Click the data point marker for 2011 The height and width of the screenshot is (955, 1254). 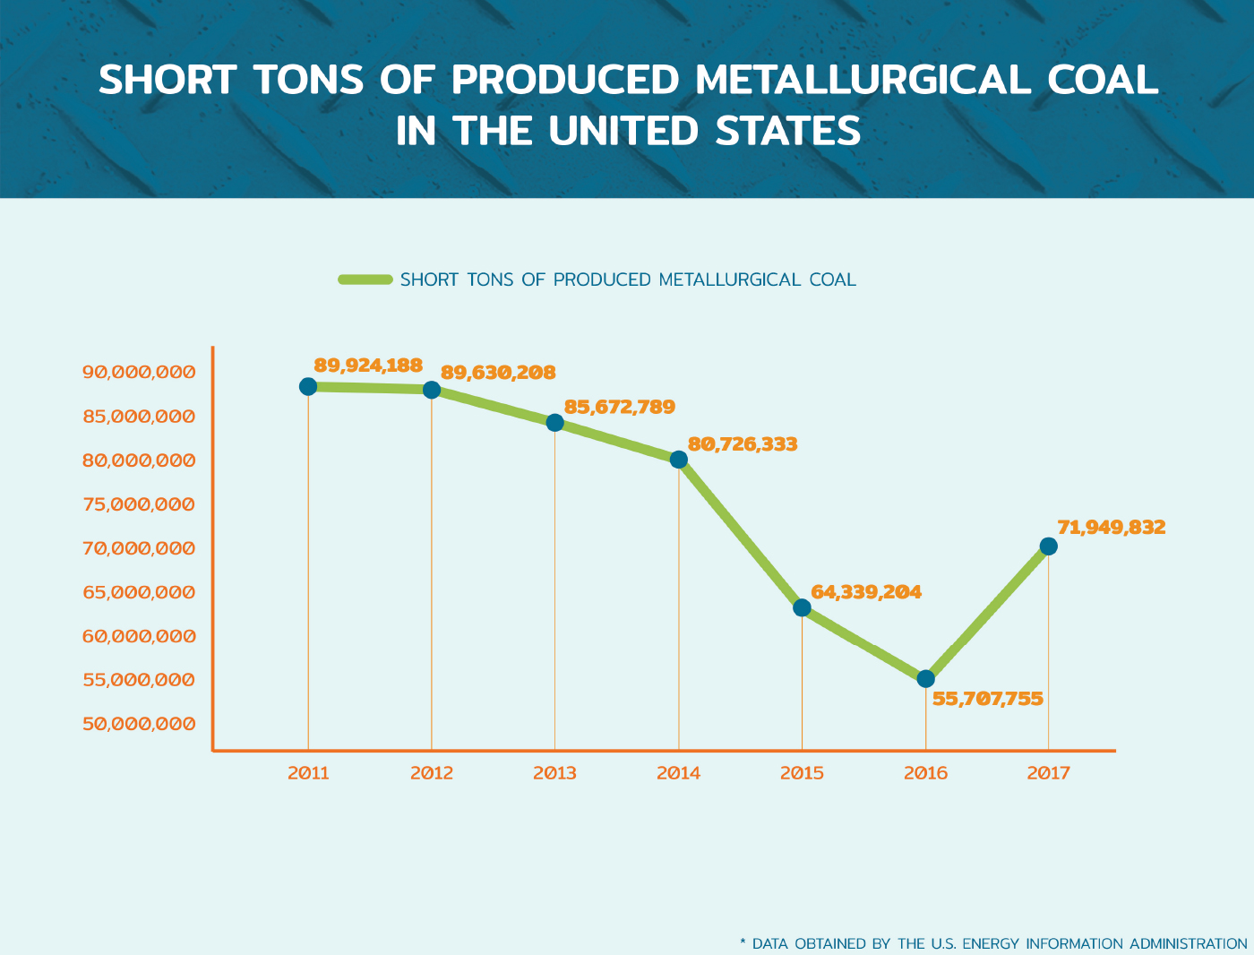tap(308, 386)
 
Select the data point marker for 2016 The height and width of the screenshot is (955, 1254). tap(925, 679)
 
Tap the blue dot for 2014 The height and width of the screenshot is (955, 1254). tap(679, 460)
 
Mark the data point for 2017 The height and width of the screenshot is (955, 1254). tap(1048, 546)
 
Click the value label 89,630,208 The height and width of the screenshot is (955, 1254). tap(498, 373)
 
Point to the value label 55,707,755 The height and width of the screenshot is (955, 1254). tap(988, 699)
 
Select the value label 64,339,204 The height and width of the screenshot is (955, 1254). tap(866, 592)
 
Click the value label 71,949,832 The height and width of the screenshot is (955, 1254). tap(1112, 527)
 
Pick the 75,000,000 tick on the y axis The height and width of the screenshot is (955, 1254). tap(139, 504)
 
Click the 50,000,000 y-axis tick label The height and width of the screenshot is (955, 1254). tap(139, 724)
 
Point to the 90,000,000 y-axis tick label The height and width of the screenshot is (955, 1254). tap(139, 373)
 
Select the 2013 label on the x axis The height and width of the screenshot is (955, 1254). tap(554, 773)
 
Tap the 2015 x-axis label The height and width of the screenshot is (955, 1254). tap(802, 773)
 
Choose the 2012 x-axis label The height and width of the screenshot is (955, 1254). tap(432, 773)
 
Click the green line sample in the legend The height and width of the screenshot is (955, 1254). tap(365, 280)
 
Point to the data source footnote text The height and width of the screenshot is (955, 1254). tap(993, 943)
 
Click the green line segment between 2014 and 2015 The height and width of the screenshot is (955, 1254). tap(740, 533)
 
